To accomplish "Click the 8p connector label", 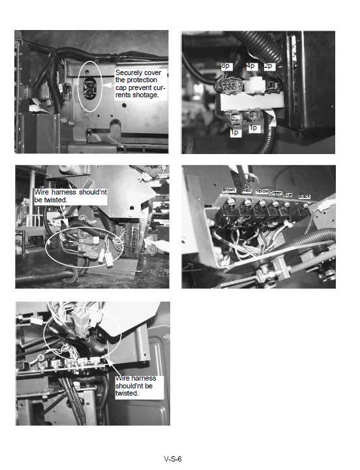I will (226, 66).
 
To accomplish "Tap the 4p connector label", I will (251, 66).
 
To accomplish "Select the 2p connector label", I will (269, 66).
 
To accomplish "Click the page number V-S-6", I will (173, 459).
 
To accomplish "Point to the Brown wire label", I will (228, 190).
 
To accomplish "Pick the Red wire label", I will (247, 190).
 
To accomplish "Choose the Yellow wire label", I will (262, 191).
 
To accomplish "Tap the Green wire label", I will (276, 193).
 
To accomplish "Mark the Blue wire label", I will (288, 195).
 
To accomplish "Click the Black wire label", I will (304, 196).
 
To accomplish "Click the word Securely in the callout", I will (128, 72).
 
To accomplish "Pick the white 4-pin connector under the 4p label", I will (252, 85).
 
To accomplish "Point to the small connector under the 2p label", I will (270, 84).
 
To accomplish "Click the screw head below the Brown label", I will (230, 204).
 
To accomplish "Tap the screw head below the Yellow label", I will (261, 204).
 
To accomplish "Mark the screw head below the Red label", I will (246, 204).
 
